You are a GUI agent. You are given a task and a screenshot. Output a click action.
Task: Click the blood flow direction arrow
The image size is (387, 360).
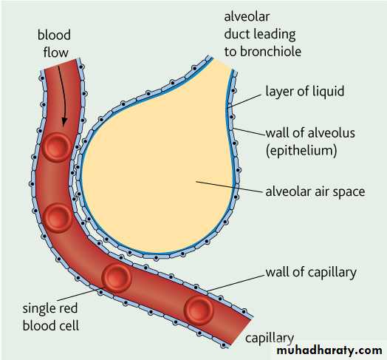63,95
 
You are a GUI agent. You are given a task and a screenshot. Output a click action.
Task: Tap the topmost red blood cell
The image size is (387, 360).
57,147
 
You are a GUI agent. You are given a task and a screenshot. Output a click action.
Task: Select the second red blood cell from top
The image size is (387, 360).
58,218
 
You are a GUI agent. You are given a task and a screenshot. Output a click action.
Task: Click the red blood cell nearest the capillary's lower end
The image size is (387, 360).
199,310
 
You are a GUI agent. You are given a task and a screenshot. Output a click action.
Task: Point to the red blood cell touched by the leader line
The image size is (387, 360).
117,278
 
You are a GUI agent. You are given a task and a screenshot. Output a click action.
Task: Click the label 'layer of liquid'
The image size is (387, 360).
304,91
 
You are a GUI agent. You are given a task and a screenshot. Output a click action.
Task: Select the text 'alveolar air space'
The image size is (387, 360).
315,192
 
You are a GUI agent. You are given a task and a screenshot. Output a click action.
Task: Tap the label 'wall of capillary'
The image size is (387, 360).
311,273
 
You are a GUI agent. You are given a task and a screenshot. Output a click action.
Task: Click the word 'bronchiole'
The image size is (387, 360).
270,52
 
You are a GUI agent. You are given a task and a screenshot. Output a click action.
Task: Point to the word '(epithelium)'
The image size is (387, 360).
301,150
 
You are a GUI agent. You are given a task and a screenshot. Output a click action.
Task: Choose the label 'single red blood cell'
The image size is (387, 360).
51,317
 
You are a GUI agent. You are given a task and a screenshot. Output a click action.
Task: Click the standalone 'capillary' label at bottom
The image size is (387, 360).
270,339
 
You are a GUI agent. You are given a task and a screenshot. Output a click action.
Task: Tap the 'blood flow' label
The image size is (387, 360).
55,44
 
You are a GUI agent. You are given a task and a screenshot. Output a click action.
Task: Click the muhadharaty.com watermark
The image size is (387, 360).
329,350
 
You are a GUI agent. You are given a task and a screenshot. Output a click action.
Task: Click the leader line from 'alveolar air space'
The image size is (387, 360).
229,186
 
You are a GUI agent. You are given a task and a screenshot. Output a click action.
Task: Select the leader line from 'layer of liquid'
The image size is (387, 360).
244,101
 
